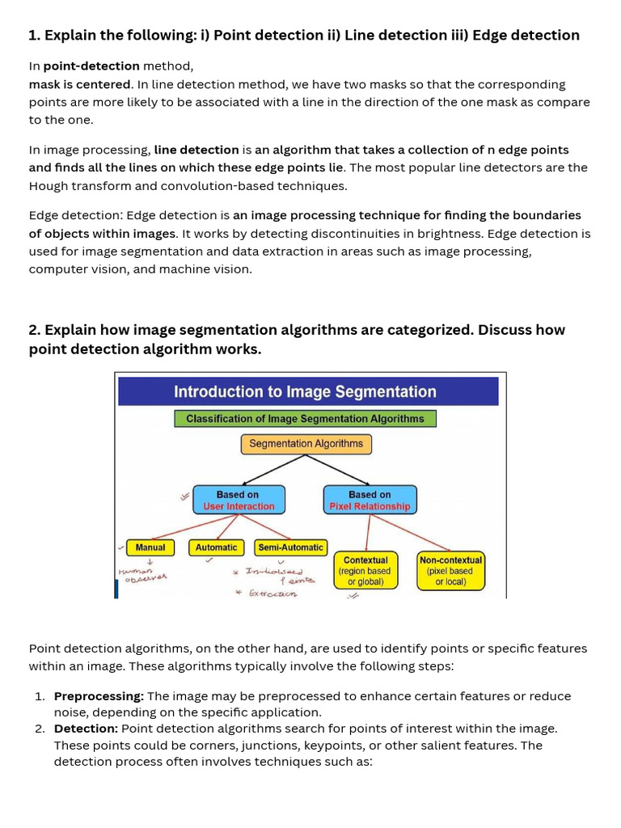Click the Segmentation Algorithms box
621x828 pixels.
point(306,444)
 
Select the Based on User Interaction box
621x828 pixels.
point(239,500)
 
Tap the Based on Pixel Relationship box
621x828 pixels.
point(370,500)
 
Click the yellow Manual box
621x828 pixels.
point(150,547)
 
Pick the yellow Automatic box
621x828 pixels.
point(217,547)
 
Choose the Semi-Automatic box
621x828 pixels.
point(290,547)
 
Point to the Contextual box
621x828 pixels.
point(365,570)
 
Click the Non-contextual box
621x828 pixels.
point(450,570)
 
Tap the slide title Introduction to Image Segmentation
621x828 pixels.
point(305,392)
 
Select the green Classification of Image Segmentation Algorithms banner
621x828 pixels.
point(305,419)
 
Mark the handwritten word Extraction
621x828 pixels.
point(272,594)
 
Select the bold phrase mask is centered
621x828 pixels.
point(80,84)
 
